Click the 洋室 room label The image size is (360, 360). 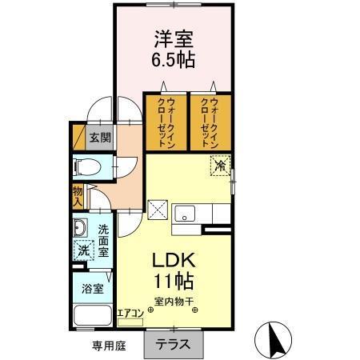click(x=172, y=38)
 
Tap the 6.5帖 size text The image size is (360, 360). click(x=172, y=59)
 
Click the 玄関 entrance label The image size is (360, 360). click(x=99, y=136)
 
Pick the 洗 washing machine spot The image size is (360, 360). click(x=83, y=250)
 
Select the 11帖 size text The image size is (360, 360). click(x=172, y=282)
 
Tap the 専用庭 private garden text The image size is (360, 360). click(x=107, y=346)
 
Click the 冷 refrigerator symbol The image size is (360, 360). click(x=219, y=166)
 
